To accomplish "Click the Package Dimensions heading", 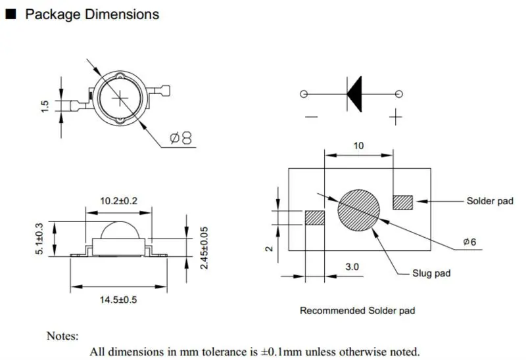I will click(x=91, y=14).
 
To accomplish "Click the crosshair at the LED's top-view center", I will click(x=120, y=97).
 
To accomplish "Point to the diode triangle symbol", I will click(x=354, y=94).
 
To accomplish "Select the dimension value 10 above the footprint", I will click(x=358, y=146).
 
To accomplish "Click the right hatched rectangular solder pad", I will click(x=402, y=202).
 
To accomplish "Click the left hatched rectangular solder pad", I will click(x=315, y=218).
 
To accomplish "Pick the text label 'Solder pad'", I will click(x=489, y=201).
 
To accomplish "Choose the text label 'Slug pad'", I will click(x=431, y=273).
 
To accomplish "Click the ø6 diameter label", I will click(x=469, y=242).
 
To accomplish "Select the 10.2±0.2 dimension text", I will click(x=118, y=201).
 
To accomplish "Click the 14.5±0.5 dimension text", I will click(x=118, y=300).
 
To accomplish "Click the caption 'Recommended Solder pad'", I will click(x=357, y=310).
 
